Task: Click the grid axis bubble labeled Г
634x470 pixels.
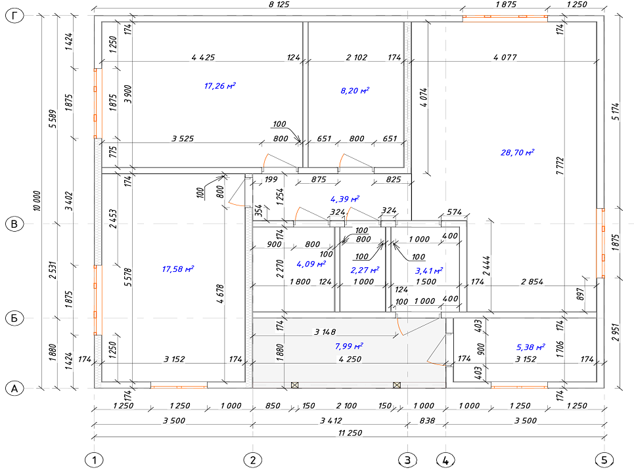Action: [x=14, y=16]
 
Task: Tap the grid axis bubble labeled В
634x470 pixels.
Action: [x=14, y=224]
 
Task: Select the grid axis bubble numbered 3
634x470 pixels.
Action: [x=407, y=460]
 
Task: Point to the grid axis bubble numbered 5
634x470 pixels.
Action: [x=604, y=460]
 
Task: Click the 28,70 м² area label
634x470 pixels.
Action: [x=518, y=152]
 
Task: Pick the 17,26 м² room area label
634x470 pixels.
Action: [x=219, y=86]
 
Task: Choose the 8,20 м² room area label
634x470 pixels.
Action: [x=355, y=91]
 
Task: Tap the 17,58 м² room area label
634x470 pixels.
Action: [x=178, y=268]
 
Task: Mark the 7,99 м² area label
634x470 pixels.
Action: [x=349, y=347]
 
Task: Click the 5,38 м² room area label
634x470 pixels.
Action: [x=530, y=347]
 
